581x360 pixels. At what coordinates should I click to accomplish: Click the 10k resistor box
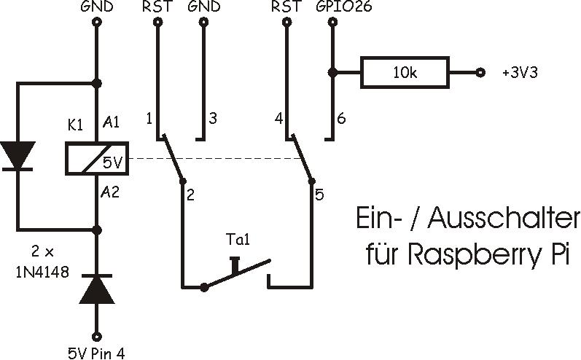point(405,73)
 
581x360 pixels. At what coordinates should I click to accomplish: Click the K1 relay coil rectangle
point(97,158)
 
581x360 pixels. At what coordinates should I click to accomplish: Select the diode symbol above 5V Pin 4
point(97,289)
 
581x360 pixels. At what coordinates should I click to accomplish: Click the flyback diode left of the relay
point(18,156)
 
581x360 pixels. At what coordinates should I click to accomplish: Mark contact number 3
point(212,119)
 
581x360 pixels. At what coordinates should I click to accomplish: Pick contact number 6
point(340,119)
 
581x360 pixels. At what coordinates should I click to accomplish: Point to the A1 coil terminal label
point(112,122)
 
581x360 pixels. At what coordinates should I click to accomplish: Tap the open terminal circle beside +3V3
point(480,73)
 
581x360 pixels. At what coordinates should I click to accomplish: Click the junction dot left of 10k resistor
point(332,73)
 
